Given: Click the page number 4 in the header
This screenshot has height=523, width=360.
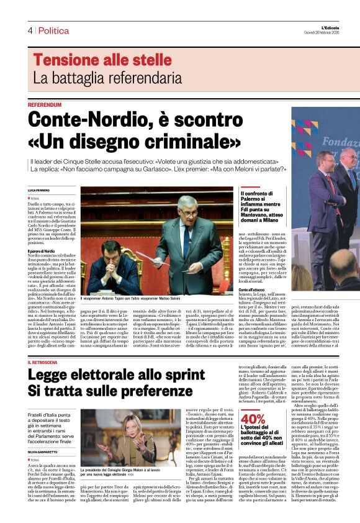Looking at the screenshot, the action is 30,30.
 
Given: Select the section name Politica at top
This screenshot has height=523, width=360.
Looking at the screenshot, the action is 53,30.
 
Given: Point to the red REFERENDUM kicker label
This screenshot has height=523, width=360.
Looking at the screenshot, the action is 45,105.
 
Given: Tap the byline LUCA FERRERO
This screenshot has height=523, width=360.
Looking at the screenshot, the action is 38,189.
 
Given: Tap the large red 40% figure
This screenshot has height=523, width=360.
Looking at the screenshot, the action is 253,418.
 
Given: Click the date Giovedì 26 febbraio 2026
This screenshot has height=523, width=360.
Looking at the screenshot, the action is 336,34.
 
